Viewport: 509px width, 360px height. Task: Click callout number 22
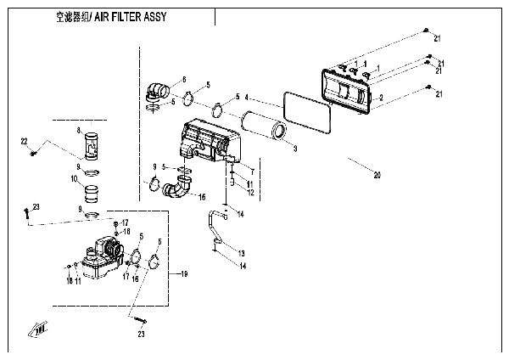pyautogui.click(x=24, y=140)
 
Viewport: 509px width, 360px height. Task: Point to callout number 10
pyautogui.click(x=76, y=180)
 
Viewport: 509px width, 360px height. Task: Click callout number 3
pyautogui.click(x=294, y=149)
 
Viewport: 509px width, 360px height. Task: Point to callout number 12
pyautogui.click(x=251, y=192)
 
